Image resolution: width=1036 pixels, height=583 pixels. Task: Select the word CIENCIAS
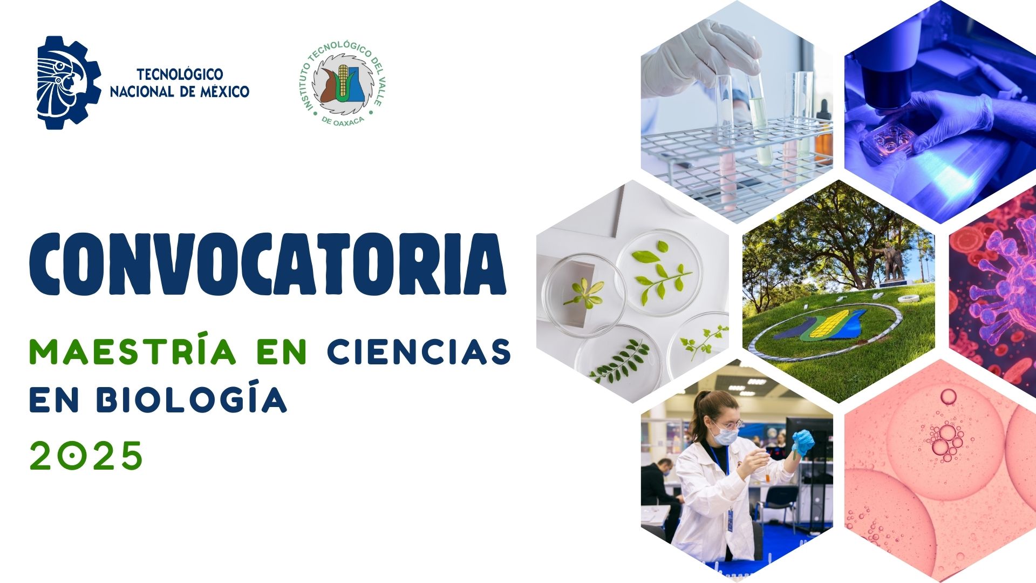pyautogui.click(x=419, y=352)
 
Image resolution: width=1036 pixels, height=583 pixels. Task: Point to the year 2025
pyautogui.click(x=86, y=456)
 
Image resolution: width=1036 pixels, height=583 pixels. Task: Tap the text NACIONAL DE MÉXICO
pyautogui.click(x=179, y=92)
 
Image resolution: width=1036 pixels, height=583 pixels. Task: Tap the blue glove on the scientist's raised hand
pyautogui.click(x=802, y=443)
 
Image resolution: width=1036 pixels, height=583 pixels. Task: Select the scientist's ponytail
pyautogui.click(x=696, y=413)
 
